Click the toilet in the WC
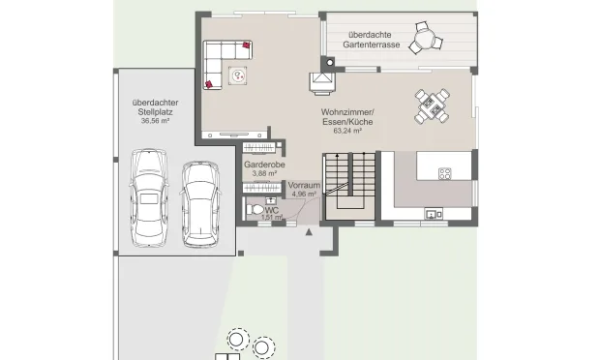click(255, 210)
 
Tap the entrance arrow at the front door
click(309, 232)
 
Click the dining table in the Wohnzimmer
click(432, 106)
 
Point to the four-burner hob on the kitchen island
click(444, 173)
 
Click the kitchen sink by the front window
click(434, 214)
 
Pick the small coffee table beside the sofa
click(238, 75)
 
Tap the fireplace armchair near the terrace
click(322, 83)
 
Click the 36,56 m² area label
click(156, 121)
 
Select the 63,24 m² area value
click(347, 131)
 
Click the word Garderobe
click(264, 165)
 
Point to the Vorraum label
click(304, 185)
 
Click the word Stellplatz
click(156, 112)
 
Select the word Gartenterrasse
click(372, 45)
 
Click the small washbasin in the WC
click(271, 200)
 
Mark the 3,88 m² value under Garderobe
click(264, 173)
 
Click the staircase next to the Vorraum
click(349, 186)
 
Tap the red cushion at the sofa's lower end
click(209, 84)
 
